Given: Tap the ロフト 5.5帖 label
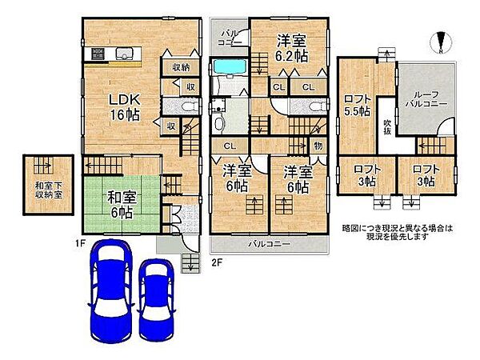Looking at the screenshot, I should pyautogui.click(x=357, y=106).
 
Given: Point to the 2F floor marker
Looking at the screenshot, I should pyautogui.click(x=215, y=261).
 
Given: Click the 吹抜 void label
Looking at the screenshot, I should pyautogui.click(x=386, y=129).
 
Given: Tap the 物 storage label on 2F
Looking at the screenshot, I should pyautogui.click(x=318, y=146).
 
